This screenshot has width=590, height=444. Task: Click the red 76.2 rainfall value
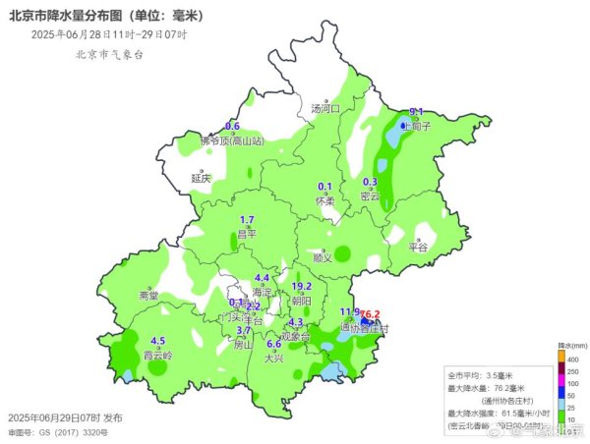(371, 314)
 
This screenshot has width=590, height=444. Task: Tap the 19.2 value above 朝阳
(302, 286)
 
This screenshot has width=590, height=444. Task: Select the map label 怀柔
(325, 200)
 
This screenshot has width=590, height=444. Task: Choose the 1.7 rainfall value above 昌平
(248, 220)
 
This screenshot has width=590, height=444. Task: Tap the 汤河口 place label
(324, 108)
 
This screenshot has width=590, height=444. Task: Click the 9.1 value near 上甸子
(416, 112)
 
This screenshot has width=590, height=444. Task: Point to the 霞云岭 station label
(157, 355)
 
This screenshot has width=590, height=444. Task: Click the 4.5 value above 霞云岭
(157, 341)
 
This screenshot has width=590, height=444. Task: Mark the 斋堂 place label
(148, 295)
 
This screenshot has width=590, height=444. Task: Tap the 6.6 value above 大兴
(274, 344)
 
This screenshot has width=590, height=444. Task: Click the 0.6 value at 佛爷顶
(233, 127)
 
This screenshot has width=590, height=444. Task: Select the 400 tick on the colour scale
(572, 361)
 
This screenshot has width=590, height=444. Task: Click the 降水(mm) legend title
(571, 347)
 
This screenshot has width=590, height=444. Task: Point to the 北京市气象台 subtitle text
(109, 54)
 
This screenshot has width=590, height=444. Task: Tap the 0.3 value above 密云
(371, 182)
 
